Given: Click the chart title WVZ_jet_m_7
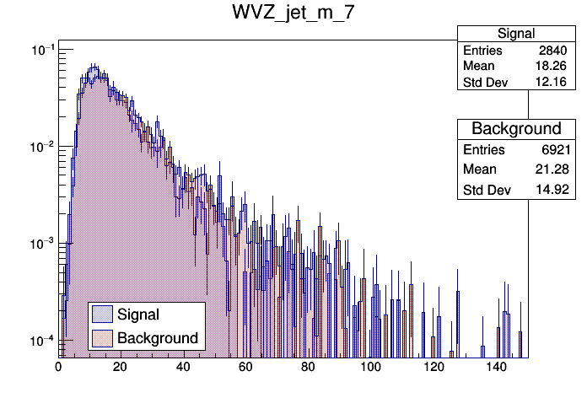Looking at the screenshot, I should point(293,14).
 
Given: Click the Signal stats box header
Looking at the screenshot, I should point(515,34).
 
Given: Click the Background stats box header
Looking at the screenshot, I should point(516,129).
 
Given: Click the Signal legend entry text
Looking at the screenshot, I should point(139,315).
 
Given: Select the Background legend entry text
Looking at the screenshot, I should point(158,338).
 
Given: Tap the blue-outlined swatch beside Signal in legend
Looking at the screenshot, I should point(103,315).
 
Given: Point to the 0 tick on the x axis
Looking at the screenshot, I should point(58,368).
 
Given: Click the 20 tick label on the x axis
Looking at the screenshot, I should point(121,368).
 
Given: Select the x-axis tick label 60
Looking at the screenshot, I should point(245,368).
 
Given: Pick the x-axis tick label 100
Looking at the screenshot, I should point(370,368).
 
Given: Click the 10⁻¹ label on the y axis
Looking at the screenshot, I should point(42,50).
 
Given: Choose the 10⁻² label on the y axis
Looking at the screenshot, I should point(42,147).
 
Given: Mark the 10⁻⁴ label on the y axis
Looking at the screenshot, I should point(42,340).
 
